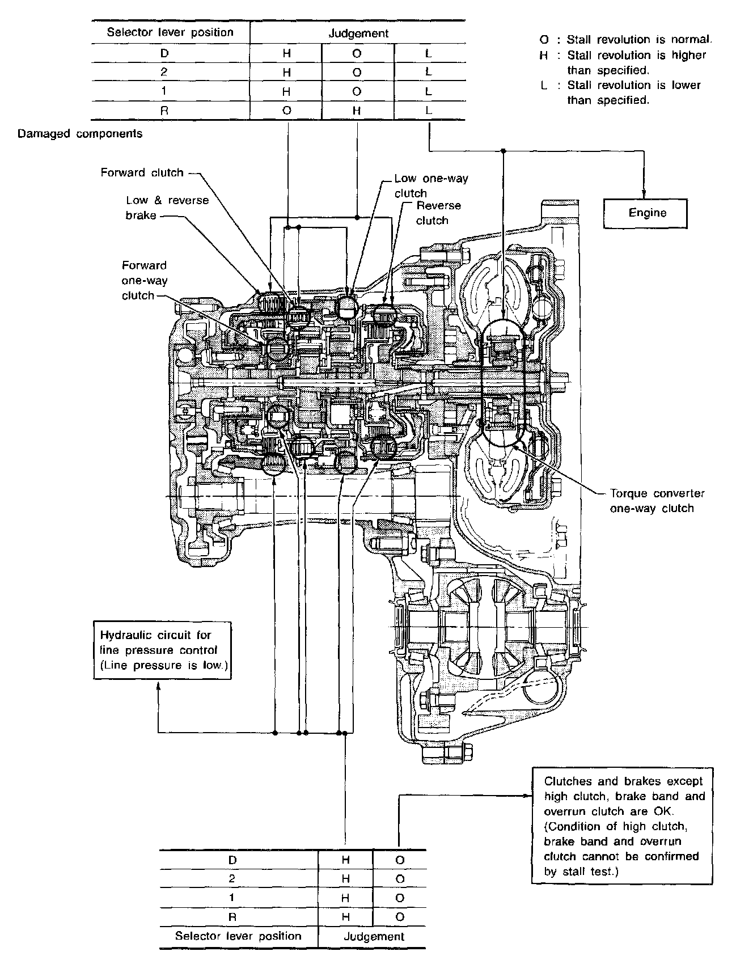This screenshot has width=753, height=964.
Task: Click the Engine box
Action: [x=645, y=213]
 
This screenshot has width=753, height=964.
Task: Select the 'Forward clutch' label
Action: [x=142, y=172]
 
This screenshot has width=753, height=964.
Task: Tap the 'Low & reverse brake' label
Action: [x=167, y=208]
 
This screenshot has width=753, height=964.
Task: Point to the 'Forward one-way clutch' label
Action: [x=145, y=280]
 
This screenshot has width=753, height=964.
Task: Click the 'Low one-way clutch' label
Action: [x=432, y=185]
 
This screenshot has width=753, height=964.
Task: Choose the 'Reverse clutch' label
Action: [x=438, y=213]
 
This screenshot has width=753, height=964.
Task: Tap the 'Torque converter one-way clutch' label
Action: [x=657, y=501]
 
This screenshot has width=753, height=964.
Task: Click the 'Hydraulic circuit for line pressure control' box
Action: [x=163, y=650]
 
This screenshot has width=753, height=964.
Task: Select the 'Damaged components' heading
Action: [x=80, y=134]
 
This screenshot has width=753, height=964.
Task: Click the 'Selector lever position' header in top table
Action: [x=170, y=32]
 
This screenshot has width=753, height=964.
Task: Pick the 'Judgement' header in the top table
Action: [x=358, y=33]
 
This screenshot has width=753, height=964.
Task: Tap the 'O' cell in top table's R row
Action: [x=286, y=111]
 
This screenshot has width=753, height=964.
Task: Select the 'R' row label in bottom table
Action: [x=232, y=916]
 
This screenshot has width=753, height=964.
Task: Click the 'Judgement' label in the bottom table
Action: [x=374, y=936]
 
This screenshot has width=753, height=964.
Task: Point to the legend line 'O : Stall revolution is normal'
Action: [x=626, y=40]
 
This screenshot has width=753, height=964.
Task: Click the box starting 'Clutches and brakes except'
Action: [x=622, y=826]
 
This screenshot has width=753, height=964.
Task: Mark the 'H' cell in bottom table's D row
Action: [x=345, y=860]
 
